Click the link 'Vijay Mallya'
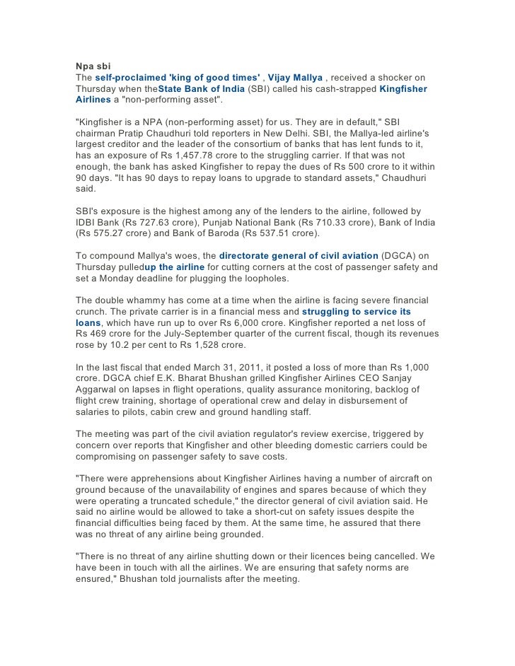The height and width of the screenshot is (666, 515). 296,77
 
